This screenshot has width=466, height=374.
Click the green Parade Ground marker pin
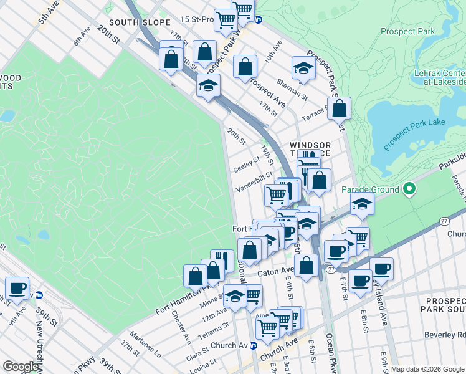[409, 188]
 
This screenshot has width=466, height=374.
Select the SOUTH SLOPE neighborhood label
[140, 22]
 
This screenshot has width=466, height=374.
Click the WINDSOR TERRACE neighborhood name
[310, 150]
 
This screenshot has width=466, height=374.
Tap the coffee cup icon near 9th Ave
[17, 288]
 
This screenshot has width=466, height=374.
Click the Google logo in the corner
[20, 366]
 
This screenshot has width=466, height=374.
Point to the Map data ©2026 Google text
[427, 369]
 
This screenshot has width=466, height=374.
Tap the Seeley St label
[246, 166]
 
